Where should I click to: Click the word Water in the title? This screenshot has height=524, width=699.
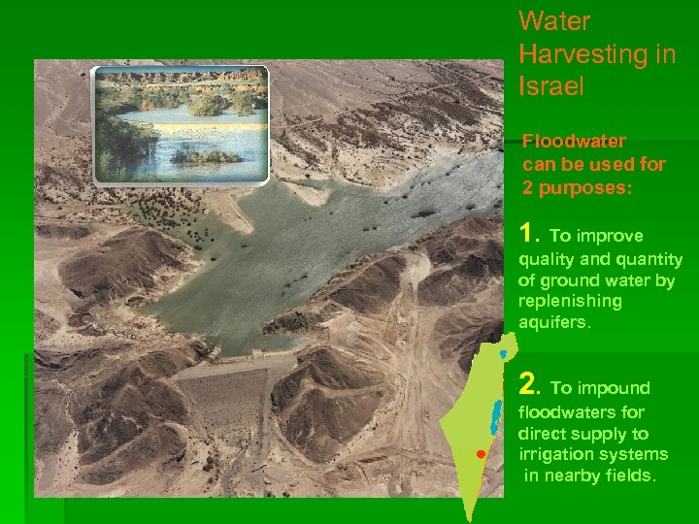click(x=554, y=21)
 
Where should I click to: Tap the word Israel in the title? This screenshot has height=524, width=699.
click(x=551, y=85)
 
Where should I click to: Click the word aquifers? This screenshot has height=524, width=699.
click(x=554, y=322)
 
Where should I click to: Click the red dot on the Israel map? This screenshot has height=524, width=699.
click(x=480, y=454)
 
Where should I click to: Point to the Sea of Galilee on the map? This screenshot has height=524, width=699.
click(x=502, y=355)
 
